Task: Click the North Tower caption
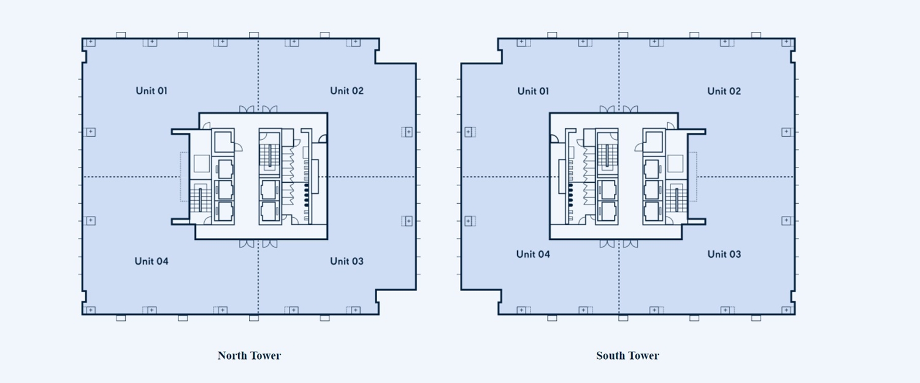[249, 355]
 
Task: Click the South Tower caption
[627, 355]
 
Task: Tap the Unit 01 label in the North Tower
[151, 91]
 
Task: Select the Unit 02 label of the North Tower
[347, 91]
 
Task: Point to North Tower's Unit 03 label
[347, 261]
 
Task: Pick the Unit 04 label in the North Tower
[151, 261]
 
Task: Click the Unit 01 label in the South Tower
[533, 91]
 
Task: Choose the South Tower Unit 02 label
[724, 91]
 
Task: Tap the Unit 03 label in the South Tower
[724, 254]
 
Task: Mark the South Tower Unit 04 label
[533, 254]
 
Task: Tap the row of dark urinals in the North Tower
[307, 193]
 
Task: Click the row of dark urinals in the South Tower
[570, 193]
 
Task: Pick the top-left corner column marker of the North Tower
[90, 42]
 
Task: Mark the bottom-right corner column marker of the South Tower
[786, 311]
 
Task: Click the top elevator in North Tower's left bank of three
[224, 168]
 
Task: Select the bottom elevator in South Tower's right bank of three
[652, 211]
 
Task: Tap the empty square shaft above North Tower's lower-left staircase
[202, 164]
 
